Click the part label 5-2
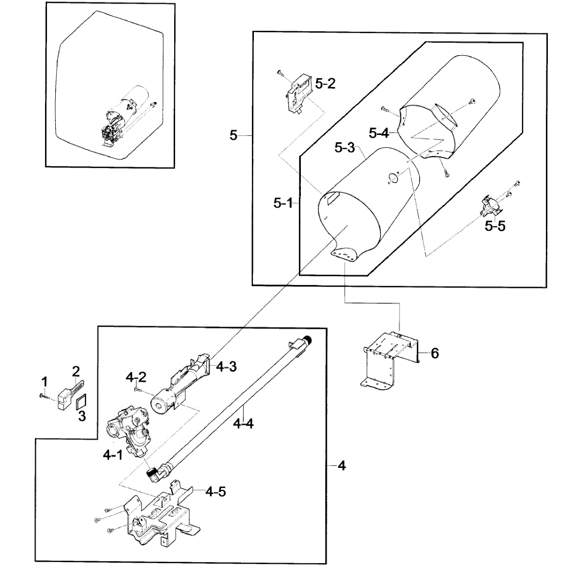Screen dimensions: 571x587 (x=325, y=84)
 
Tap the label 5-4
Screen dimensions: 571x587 (x=379, y=132)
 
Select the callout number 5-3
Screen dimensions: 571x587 (x=344, y=147)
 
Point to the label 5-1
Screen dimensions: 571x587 (x=283, y=203)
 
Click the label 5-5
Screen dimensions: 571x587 (x=495, y=226)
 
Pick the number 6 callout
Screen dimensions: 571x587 (x=435, y=352)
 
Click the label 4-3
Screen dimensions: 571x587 (x=226, y=367)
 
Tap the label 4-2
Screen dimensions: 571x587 (x=135, y=377)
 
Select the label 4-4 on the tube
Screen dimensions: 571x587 (x=243, y=423)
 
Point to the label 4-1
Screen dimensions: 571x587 (x=113, y=455)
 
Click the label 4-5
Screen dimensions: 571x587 (x=216, y=491)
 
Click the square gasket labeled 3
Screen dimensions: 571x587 (x=81, y=402)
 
